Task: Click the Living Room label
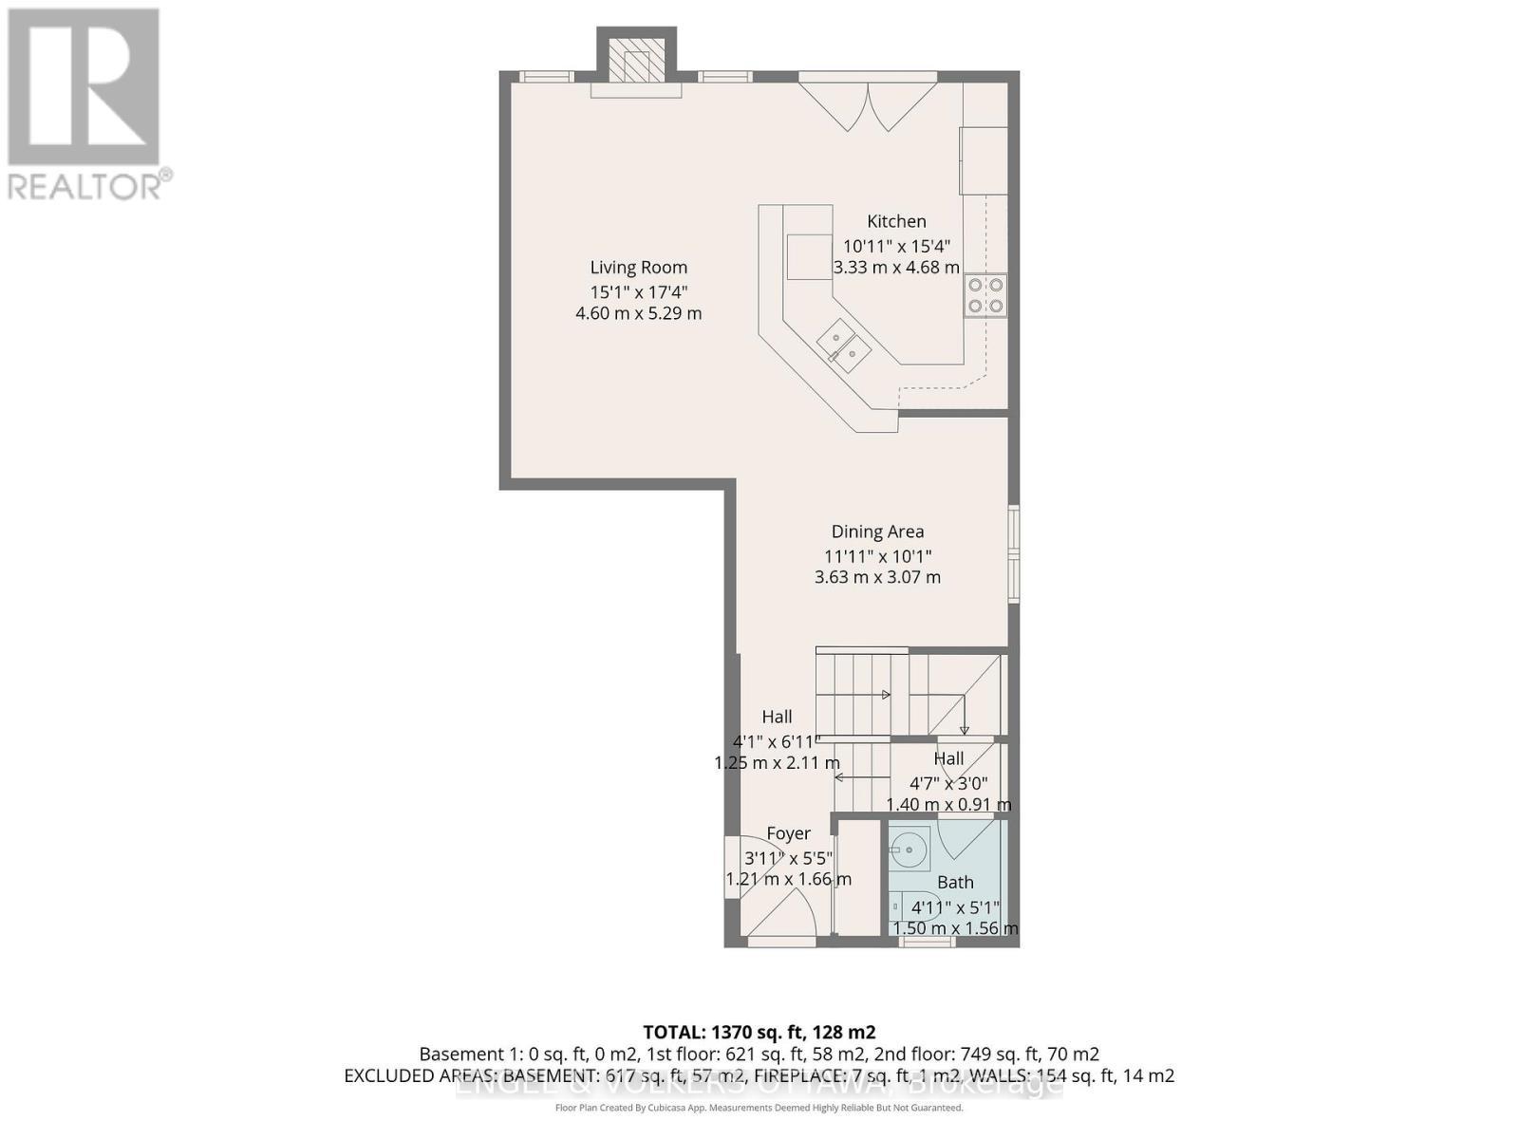[638, 268]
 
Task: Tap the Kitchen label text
[896, 221]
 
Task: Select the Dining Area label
[877, 532]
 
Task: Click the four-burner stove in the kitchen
[985, 295]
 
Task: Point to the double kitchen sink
[844, 343]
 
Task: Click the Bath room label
[955, 882]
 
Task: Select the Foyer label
[788, 833]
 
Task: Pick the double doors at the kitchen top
[868, 104]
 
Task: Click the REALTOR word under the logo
[85, 185]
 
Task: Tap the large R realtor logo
[84, 87]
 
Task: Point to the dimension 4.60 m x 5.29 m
[638, 313]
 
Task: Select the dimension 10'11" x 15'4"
[896, 245]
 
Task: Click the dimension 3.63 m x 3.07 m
[877, 577]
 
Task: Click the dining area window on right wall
[1013, 554]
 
